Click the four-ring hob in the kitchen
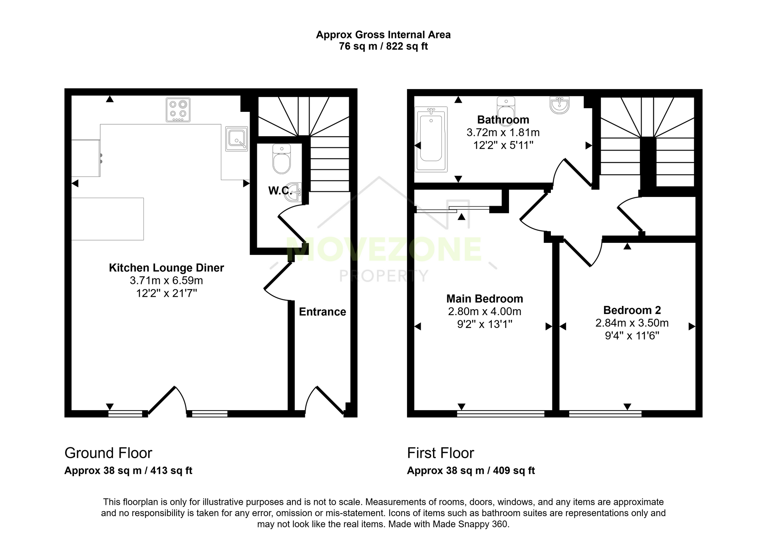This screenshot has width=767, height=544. [x=178, y=110]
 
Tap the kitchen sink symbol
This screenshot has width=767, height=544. [x=236, y=139]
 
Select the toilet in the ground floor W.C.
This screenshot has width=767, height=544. [x=282, y=159]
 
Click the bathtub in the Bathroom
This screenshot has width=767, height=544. [x=431, y=139]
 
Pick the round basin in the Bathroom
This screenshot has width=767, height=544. [x=559, y=105]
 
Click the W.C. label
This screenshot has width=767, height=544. [x=280, y=191]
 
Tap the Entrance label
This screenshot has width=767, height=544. [x=322, y=312]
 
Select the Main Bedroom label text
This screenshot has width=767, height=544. [x=485, y=299]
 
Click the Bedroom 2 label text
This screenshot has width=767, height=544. [x=632, y=310]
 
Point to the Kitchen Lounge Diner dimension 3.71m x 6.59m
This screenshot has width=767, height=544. [x=166, y=280]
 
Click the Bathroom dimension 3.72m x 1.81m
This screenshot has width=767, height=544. [x=503, y=132]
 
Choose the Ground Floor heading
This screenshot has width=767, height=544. [x=108, y=453]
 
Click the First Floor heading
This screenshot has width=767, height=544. [x=440, y=453]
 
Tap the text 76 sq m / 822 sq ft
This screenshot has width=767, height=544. [x=383, y=46]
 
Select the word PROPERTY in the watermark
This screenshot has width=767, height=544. [x=384, y=276]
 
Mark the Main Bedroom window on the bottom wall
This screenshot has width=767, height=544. [x=501, y=414]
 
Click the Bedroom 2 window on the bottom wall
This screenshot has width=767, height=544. [x=605, y=414]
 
